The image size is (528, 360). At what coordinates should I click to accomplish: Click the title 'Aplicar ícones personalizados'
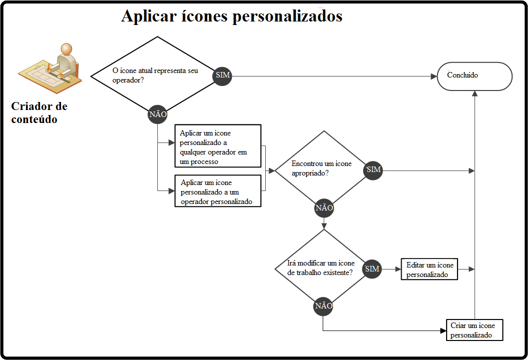click(x=231, y=16)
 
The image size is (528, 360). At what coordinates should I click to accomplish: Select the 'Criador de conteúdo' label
click(x=39, y=112)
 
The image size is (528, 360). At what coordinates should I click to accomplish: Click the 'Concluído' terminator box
click(x=475, y=76)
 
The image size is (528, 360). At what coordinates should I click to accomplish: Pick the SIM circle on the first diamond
click(x=222, y=76)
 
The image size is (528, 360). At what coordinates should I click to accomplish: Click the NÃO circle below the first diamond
click(x=157, y=114)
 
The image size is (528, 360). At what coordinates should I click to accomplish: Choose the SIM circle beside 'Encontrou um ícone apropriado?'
click(x=374, y=170)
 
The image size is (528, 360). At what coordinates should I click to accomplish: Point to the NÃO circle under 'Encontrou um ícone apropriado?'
click(x=324, y=207)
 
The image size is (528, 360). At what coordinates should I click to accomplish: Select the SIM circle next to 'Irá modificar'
click(x=372, y=269)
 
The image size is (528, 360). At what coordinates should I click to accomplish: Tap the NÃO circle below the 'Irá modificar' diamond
click(x=323, y=306)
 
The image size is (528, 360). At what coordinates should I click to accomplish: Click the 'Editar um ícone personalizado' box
click(x=430, y=269)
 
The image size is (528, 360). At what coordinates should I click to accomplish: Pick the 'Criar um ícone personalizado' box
click(x=474, y=330)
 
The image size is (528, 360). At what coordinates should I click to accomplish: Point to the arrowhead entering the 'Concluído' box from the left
click(x=434, y=76)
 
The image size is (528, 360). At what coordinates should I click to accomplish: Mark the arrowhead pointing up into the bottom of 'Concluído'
click(x=474, y=93)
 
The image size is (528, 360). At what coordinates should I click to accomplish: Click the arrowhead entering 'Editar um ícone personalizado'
click(x=398, y=269)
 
